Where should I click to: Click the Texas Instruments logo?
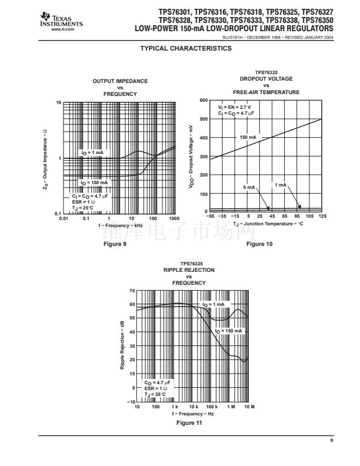click(x=63, y=21)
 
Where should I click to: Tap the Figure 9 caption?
click(x=115, y=244)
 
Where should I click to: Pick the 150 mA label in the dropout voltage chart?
click(x=248, y=137)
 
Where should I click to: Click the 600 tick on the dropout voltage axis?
click(x=203, y=101)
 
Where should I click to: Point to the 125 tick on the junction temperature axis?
click(x=322, y=217)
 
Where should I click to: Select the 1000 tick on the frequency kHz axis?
click(x=174, y=219)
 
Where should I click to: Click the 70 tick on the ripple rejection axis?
click(x=132, y=291)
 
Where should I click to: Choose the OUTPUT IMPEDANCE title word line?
click(x=120, y=81)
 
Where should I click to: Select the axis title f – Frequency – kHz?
click(x=121, y=225)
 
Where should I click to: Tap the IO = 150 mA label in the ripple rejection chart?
click(x=229, y=331)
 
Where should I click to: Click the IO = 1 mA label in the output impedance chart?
click(x=92, y=152)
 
